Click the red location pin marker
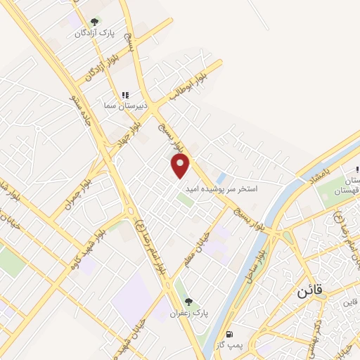coord(181,165)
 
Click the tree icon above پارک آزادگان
coord(94,21)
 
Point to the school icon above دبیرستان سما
coord(125,95)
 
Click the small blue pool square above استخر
coord(220,178)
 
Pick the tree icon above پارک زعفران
coord(187,302)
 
